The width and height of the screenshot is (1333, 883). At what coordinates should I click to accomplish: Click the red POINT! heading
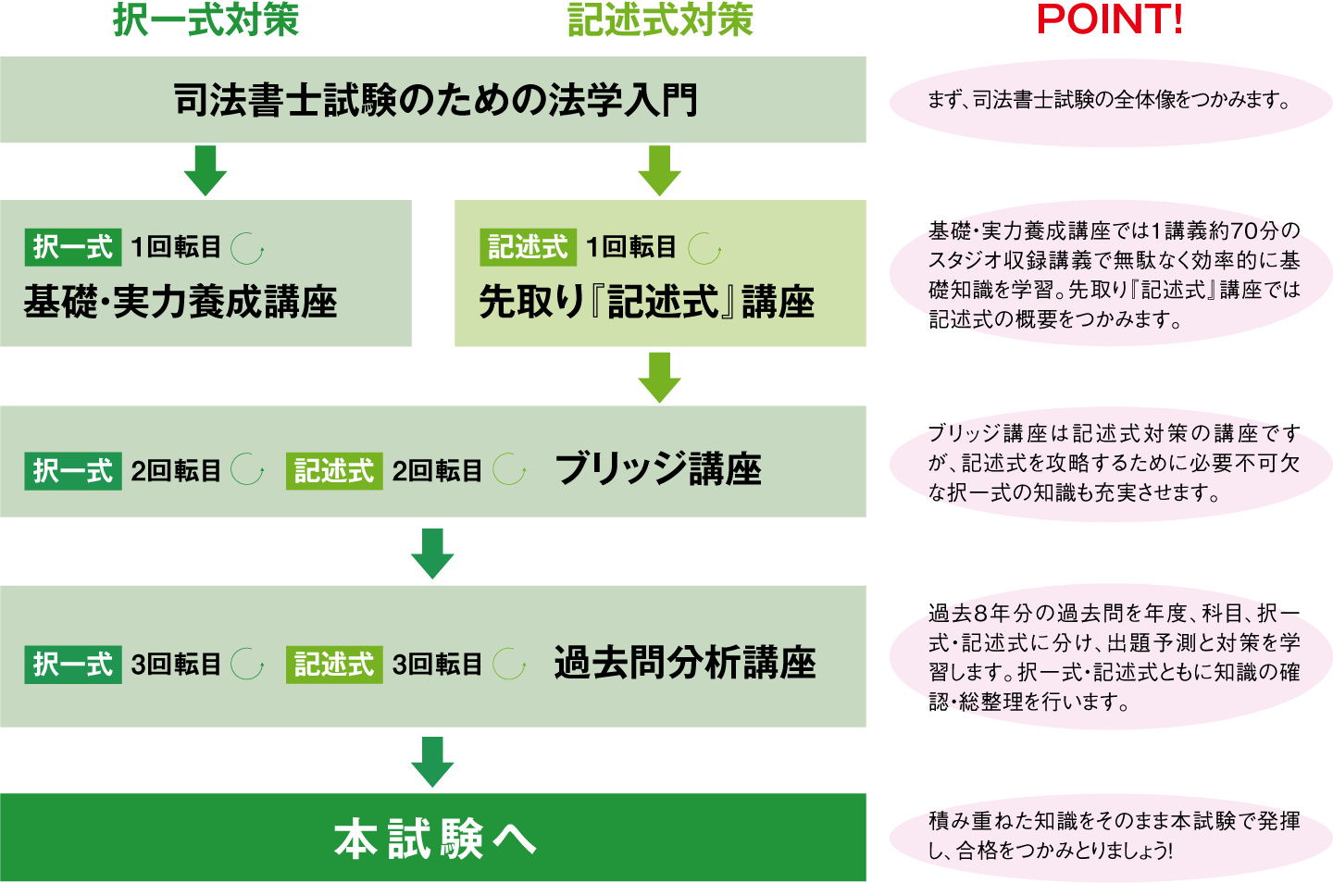point(1109,19)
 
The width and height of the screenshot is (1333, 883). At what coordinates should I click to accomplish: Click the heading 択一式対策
point(206,19)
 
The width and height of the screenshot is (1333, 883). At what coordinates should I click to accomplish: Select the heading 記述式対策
point(661,19)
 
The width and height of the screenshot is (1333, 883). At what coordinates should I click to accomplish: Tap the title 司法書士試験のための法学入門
point(435,100)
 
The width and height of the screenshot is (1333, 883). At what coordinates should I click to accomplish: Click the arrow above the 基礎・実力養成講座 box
point(206,170)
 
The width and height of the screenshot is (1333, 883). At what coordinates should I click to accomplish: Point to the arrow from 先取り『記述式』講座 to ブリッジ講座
point(659,378)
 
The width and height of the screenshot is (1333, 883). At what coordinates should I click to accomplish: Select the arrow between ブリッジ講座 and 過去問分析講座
point(432,553)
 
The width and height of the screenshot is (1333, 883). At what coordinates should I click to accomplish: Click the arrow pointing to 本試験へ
point(432,763)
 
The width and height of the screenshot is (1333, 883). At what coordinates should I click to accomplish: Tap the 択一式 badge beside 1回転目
point(73,247)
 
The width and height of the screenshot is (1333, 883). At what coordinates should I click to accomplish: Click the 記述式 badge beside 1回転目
point(529,247)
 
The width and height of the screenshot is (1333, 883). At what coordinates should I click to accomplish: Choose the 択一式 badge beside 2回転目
point(73,471)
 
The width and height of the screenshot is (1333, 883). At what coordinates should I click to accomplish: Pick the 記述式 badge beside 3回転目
point(334,665)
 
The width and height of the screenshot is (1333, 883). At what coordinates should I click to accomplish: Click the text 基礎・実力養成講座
point(181,302)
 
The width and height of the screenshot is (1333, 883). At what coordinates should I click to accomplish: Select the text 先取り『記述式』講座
point(647,302)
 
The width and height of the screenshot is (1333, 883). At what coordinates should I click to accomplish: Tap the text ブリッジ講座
point(658,469)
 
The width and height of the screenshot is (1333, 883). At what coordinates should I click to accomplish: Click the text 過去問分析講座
point(685,663)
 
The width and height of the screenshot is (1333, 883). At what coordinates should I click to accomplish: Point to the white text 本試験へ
point(435,839)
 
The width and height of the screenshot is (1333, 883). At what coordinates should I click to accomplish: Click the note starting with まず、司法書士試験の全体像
point(1109,100)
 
